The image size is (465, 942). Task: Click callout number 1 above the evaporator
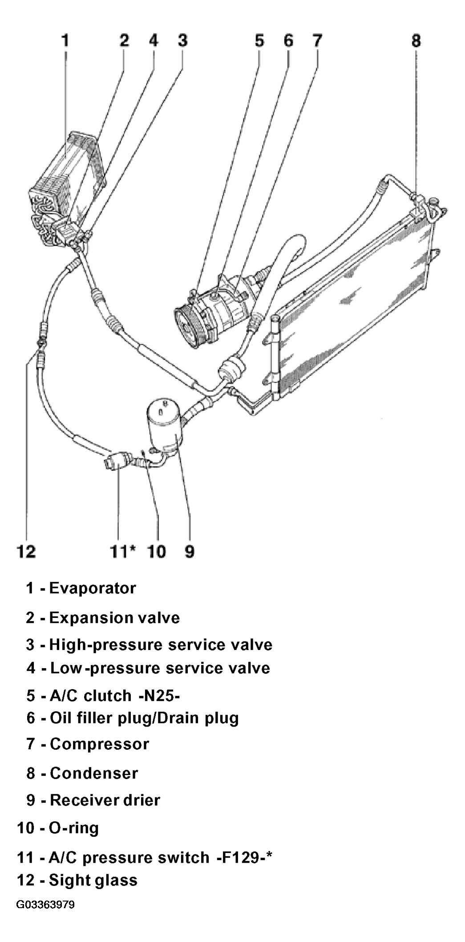[x=65, y=41]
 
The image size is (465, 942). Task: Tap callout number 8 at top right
[x=416, y=41]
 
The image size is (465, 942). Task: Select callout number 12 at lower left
[x=26, y=552]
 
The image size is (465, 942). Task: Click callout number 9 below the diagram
[x=189, y=552]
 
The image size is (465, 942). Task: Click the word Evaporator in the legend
[x=93, y=588]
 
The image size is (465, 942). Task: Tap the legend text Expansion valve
[x=114, y=618]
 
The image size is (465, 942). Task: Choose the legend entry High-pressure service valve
[x=161, y=645]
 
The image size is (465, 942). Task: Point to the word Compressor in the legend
[x=99, y=744]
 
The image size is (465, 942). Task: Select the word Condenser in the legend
[x=94, y=773]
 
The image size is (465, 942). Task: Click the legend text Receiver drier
[x=105, y=800]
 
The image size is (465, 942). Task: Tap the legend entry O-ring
[x=74, y=828]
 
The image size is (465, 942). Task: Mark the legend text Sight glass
[x=93, y=880]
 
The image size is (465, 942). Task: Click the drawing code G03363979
[x=45, y=905]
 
